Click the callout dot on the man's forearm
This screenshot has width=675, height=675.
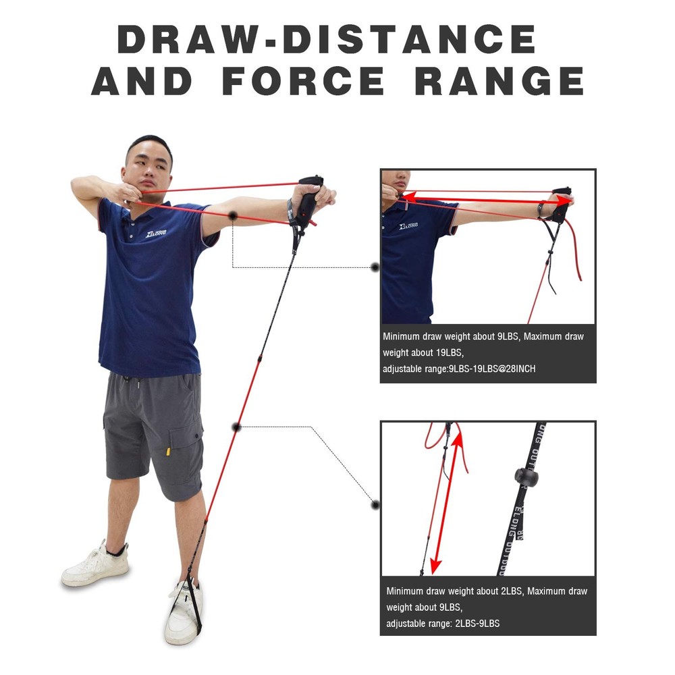[x=233, y=215]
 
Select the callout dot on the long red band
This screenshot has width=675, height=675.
[x=236, y=427]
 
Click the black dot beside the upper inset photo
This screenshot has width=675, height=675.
[x=375, y=267]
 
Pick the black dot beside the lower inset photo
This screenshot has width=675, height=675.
[x=375, y=504]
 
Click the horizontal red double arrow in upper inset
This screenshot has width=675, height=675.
[x=486, y=200]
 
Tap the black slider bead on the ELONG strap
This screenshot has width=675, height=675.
[x=526, y=477]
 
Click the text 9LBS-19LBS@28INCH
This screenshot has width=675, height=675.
[x=492, y=369]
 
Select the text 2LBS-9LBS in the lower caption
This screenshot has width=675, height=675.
[x=477, y=623]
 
